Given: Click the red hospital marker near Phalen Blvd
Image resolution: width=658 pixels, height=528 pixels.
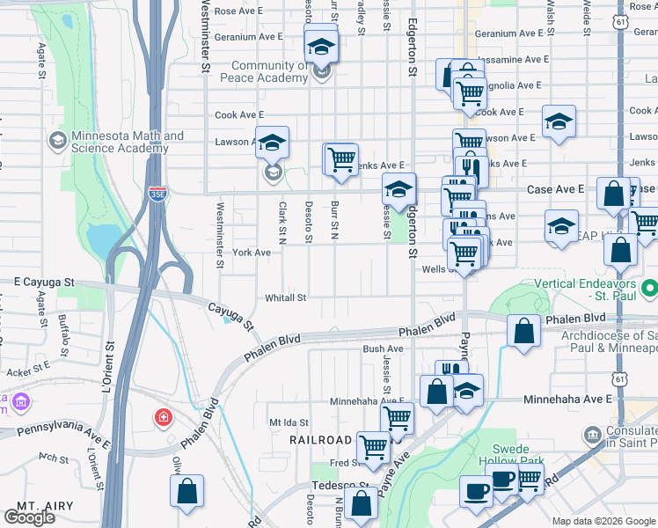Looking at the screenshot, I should click(163, 416).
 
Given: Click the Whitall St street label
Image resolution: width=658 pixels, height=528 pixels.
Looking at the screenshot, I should click(285, 297).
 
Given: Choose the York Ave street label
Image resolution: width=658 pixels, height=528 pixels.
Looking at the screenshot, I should click(251, 252).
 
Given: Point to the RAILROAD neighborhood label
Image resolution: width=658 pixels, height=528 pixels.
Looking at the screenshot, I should click(322, 439).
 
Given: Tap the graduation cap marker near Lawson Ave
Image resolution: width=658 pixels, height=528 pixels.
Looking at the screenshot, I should click(273, 142).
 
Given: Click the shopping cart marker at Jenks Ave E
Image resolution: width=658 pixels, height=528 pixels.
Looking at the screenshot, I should click(341, 159).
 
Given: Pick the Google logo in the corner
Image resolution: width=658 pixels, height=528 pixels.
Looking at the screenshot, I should click(29, 517).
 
